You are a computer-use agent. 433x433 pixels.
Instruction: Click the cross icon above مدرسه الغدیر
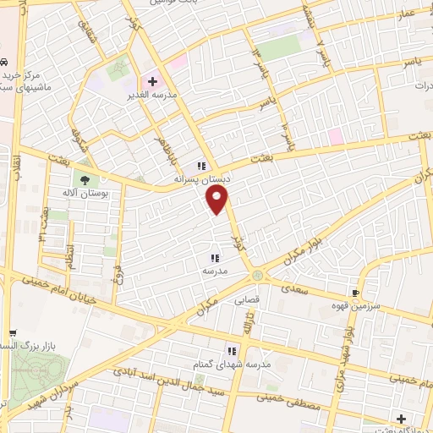[x=152, y=82]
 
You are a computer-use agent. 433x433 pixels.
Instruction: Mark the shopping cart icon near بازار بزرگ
[x=12, y=334]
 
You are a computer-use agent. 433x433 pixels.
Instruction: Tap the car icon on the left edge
[x=4, y=63]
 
